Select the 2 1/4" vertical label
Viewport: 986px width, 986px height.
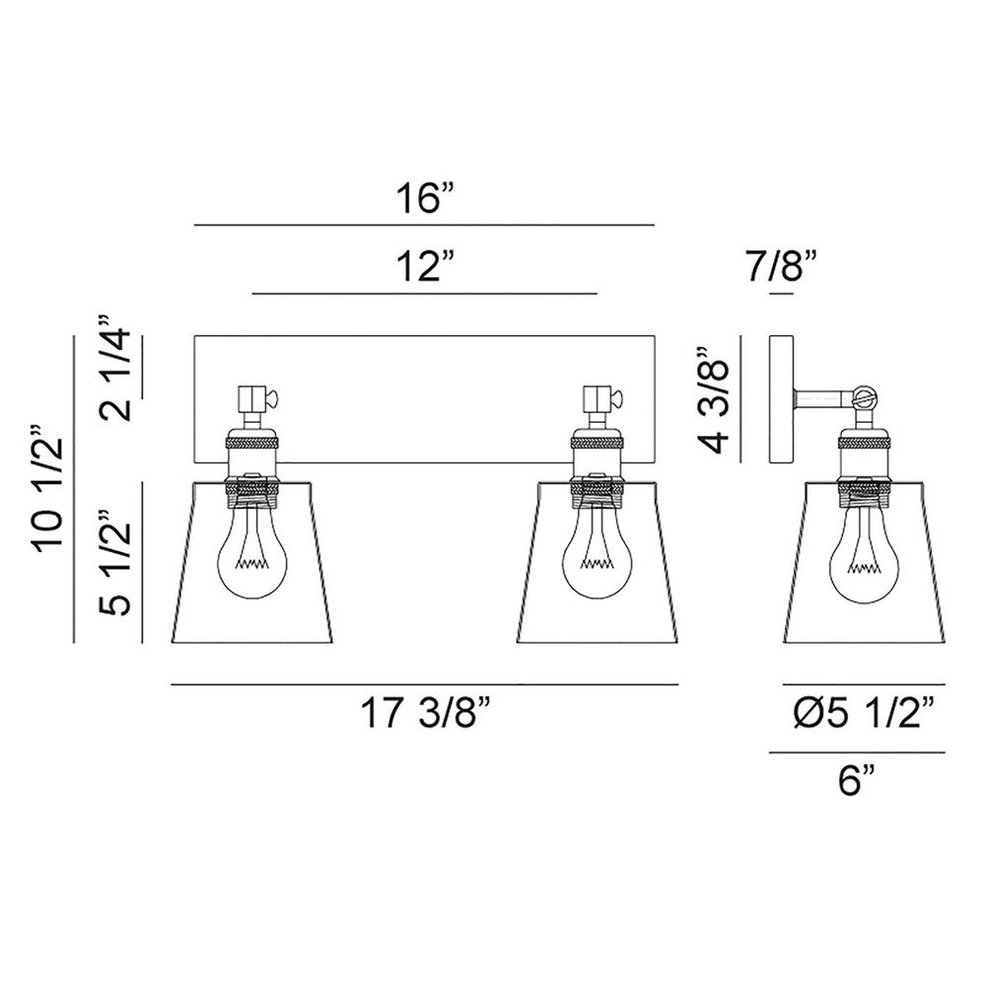point(114,367)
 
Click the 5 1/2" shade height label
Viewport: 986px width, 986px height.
point(114,563)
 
